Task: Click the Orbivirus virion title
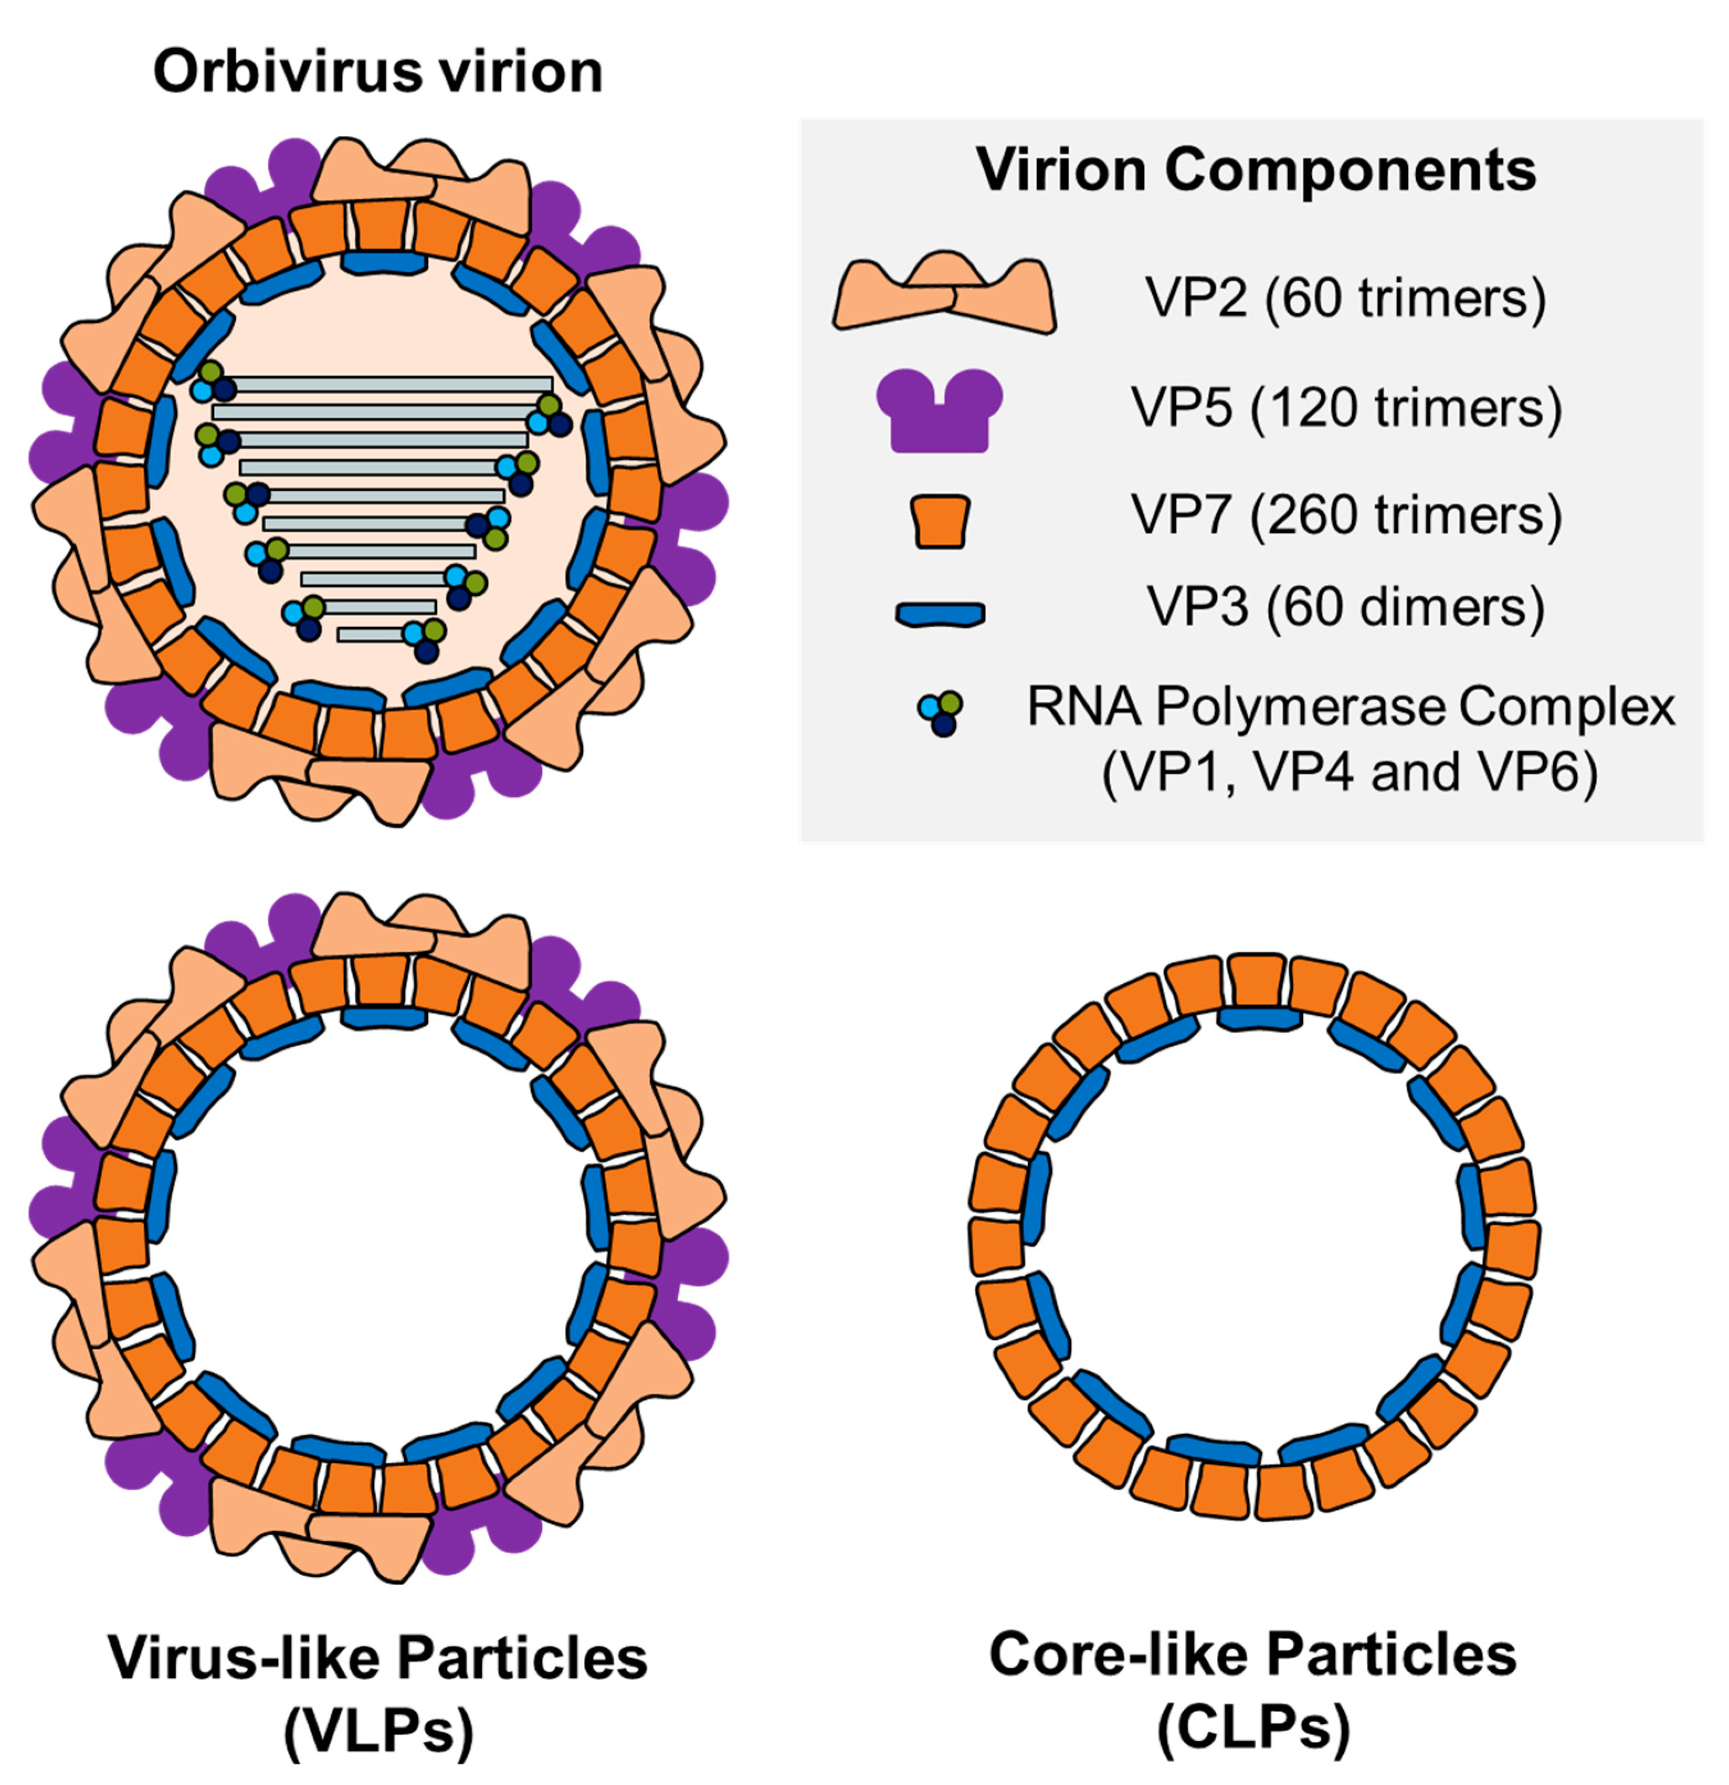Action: coord(378,71)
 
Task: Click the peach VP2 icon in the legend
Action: coord(944,293)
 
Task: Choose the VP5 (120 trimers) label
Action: coord(1346,407)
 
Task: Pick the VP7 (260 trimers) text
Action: coord(1346,516)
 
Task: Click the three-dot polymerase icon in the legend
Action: coord(941,713)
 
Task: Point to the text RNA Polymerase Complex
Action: coord(1350,707)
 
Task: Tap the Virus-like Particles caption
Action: coord(378,1657)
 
